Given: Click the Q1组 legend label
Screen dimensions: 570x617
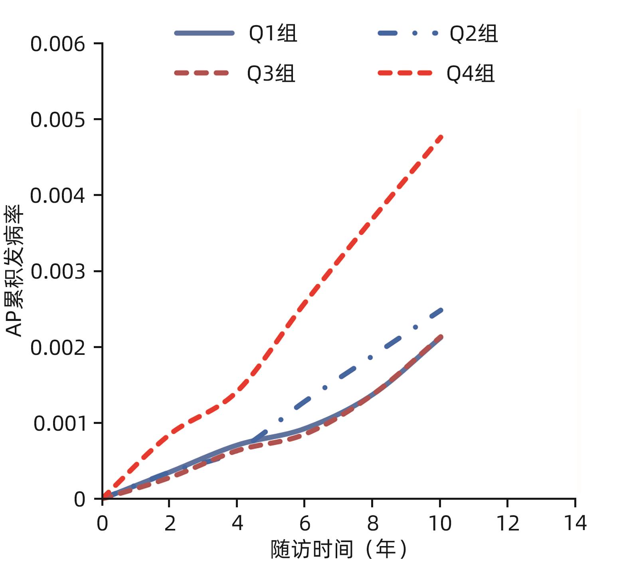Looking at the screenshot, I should pyautogui.click(x=273, y=33).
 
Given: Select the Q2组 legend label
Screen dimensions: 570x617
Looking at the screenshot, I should pyautogui.click(x=474, y=33).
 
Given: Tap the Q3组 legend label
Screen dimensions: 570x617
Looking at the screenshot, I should pyautogui.click(x=271, y=73).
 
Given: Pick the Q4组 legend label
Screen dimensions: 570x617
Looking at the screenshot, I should pyautogui.click(x=471, y=73).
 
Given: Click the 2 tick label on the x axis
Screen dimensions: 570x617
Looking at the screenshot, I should pyautogui.click(x=170, y=523).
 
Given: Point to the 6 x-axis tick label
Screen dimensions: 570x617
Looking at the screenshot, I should pyautogui.click(x=305, y=523).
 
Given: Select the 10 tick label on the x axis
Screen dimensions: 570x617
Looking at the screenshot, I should pyautogui.click(x=440, y=523).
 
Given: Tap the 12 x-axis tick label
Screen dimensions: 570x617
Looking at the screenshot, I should pyautogui.click(x=507, y=523).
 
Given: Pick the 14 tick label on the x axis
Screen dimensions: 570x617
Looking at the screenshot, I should pyautogui.click(x=575, y=523).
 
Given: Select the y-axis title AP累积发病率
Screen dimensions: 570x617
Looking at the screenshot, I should pyautogui.click(x=15, y=271).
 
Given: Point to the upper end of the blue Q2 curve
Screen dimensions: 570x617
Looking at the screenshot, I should pyautogui.click(x=441, y=310).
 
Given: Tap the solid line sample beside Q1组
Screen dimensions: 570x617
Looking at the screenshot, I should pyautogui.click(x=204, y=33).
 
